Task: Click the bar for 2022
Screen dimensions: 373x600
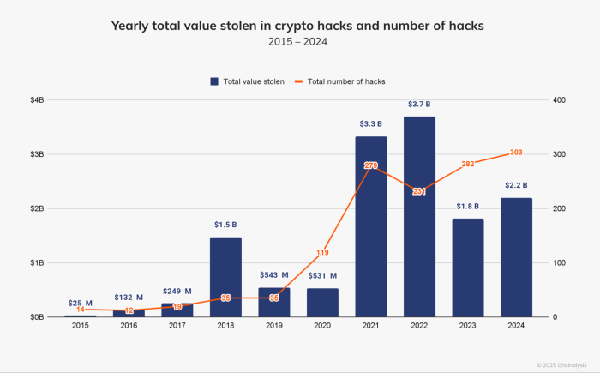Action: coord(419,217)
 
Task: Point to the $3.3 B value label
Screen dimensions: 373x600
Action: coord(370,124)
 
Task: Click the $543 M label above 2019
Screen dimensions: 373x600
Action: coord(274,275)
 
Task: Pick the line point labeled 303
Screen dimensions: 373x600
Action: coord(516,153)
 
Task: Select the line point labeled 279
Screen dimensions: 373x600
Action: coord(370,165)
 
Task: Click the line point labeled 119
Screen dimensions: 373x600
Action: coord(322,252)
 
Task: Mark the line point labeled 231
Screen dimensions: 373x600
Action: coord(419,191)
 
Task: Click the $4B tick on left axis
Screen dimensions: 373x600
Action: coord(37,100)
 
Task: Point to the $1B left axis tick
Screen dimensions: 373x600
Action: coord(37,262)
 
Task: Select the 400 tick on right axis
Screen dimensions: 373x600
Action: coord(560,100)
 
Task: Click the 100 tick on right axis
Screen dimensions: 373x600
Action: coord(560,262)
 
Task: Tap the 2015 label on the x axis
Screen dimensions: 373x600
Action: coord(80,326)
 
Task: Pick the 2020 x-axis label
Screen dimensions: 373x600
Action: coord(322,326)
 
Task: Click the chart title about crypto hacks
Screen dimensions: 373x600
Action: coord(297,26)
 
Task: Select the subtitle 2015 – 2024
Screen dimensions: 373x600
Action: coord(297,41)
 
